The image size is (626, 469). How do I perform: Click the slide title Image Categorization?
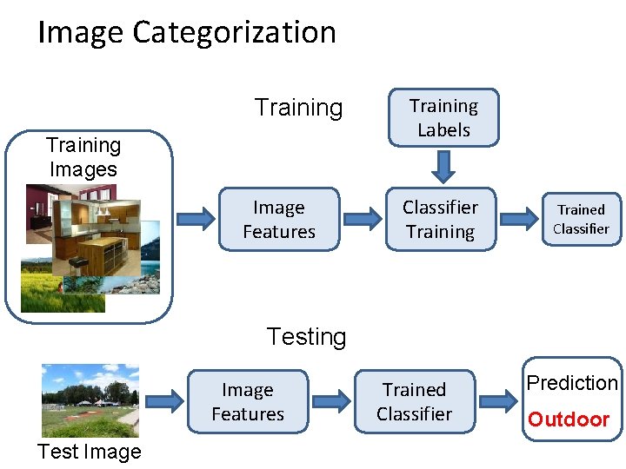(x=187, y=33)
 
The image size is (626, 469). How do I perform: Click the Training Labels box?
(x=443, y=117)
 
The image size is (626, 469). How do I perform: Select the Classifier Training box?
(x=440, y=220)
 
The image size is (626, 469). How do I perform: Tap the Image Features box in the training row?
(x=278, y=220)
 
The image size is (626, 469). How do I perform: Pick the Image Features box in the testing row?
(x=248, y=402)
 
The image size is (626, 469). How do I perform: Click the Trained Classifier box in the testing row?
(x=414, y=402)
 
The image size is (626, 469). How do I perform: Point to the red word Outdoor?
(x=569, y=420)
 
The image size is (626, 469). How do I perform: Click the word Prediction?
(x=572, y=383)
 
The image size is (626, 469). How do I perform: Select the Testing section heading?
(x=306, y=336)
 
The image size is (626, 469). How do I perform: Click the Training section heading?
(x=298, y=108)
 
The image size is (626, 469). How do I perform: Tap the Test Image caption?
(x=89, y=452)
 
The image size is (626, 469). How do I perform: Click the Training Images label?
(x=83, y=157)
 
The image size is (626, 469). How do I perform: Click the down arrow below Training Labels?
(x=443, y=164)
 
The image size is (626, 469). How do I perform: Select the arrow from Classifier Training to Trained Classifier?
(x=521, y=219)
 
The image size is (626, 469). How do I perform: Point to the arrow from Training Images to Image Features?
(x=194, y=219)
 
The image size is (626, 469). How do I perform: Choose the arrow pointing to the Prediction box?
(x=499, y=401)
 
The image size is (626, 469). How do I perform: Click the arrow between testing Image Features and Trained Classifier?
(x=331, y=401)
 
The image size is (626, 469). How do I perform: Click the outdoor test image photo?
(x=90, y=400)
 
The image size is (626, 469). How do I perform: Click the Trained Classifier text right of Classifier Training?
(x=581, y=219)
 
